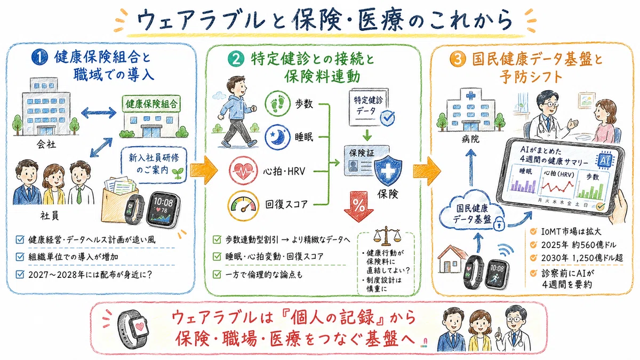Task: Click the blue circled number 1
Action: (39, 57)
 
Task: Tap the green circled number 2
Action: (236, 59)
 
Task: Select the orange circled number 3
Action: (458, 59)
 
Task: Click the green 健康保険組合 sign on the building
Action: (151, 103)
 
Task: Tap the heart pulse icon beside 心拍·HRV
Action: (243, 171)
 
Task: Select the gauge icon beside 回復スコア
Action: (243, 206)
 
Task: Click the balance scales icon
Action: (387, 236)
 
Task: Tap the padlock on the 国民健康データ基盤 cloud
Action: (499, 223)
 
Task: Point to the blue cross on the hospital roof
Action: (471, 95)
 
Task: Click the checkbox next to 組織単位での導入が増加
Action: (20, 257)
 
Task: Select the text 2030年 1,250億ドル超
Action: (582, 258)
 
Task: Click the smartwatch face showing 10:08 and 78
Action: (163, 209)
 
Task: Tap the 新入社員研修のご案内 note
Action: (154, 164)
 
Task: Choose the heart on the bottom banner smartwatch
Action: (140, 326)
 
